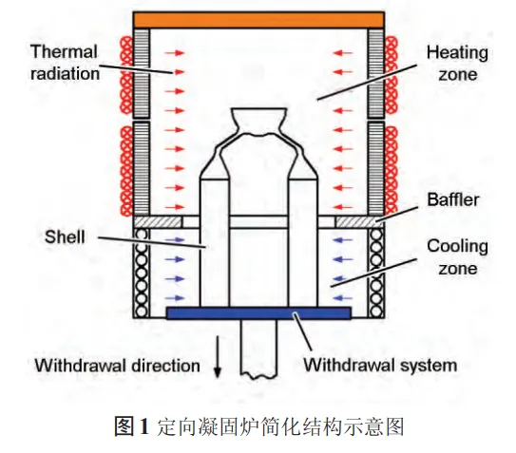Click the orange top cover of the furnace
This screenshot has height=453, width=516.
[258, 20]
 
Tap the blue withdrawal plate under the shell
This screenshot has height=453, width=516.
[258, 312]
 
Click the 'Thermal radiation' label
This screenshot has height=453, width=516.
[65, 63]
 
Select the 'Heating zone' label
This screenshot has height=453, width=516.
[457, 64]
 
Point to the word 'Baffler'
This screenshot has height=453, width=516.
[453, 199]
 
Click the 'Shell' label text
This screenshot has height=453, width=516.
[65, 236]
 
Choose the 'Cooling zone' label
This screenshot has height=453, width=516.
[457, 257]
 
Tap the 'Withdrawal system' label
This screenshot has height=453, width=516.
[380, 365]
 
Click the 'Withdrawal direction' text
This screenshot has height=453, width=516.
[118, 366]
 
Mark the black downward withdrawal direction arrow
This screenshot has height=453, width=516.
[218, 357]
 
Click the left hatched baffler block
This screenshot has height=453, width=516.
[158, 221]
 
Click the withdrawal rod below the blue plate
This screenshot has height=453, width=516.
[258, 348]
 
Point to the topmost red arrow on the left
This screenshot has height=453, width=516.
[175, 52]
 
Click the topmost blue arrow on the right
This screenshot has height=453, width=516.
[342, 240]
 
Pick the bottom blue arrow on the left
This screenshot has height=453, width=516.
[175, 298]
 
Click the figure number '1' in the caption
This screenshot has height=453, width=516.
[144, 426]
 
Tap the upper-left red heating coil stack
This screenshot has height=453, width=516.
[126, 75]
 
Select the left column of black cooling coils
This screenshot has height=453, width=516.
[142, 273]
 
